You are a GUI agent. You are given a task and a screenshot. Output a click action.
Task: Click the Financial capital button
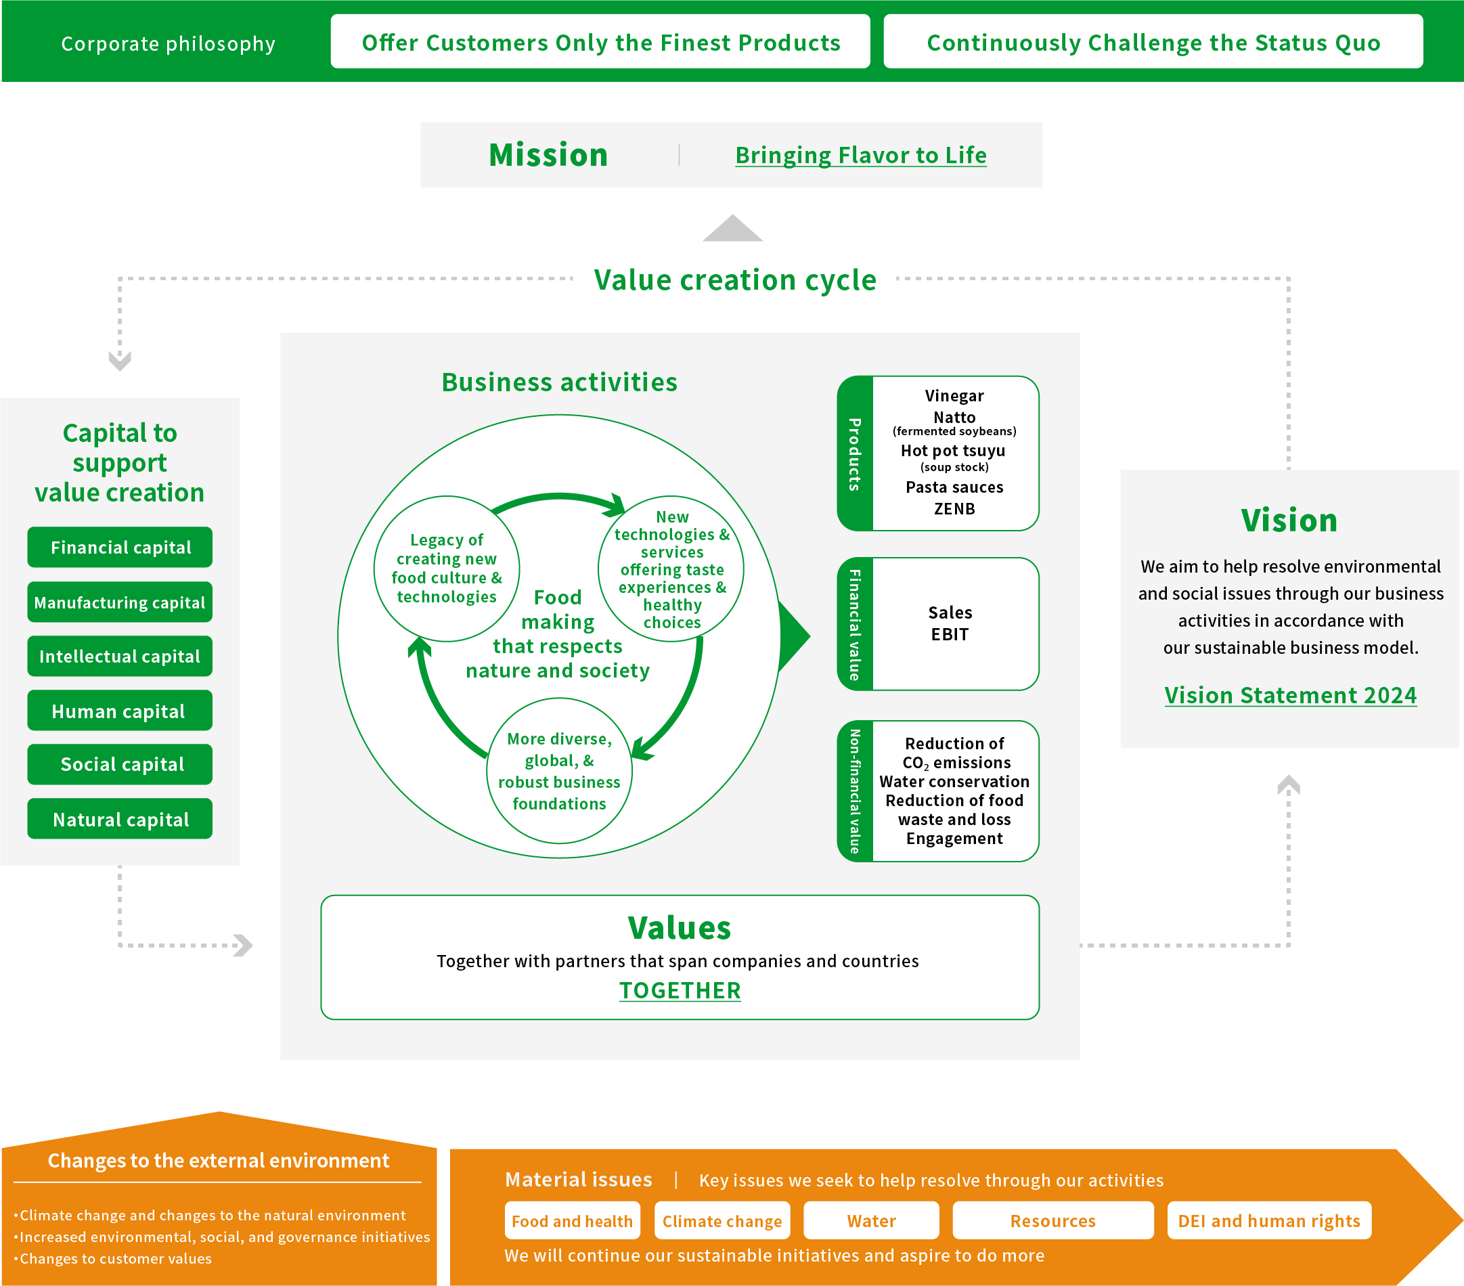point(120,548)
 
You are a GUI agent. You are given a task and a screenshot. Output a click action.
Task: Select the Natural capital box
point(120,819)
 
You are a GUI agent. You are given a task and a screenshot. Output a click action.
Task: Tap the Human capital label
point(119,711)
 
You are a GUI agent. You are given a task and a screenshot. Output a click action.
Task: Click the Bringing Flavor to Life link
point(860,156)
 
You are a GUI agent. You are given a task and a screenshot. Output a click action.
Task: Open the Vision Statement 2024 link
point(1290,695)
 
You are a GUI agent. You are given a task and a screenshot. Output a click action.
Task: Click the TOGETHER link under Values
point(680,990)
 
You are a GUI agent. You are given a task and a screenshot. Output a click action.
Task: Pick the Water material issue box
point(871,1221)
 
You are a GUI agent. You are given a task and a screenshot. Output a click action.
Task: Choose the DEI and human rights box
point(1268,1221)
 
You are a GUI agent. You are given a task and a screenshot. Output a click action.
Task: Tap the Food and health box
point(573,1221)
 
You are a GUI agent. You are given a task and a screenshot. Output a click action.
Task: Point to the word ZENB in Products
point(954,509)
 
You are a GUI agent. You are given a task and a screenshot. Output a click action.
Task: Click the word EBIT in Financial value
point(950,635)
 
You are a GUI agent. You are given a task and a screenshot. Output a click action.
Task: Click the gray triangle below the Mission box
point(732,229)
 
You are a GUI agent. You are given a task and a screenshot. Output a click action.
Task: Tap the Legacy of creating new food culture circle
point(446,568)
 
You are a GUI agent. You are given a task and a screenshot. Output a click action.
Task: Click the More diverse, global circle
point(559,771)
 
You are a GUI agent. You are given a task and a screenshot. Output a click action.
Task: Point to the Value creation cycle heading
point(735,280)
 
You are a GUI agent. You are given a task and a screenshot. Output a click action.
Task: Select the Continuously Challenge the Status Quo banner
point(1153,42)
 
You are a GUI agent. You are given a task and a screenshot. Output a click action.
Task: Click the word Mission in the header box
point(548,156)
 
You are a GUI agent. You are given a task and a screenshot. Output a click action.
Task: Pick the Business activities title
point(559,382)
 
